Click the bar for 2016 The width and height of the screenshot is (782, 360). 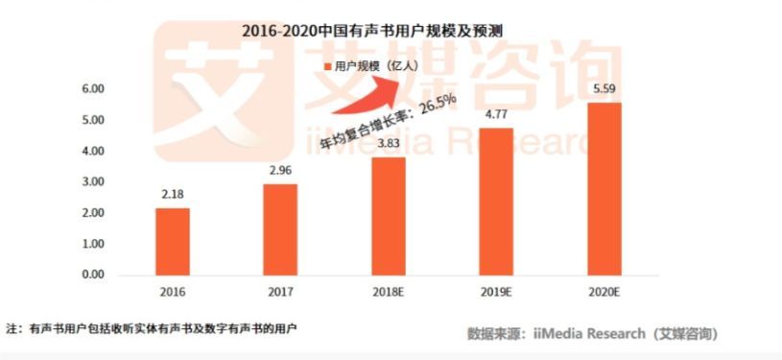point(173,242)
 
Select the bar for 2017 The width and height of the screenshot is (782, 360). point(280,229)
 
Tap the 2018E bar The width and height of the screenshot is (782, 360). point(389,216)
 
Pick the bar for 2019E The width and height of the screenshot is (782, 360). point(496,202)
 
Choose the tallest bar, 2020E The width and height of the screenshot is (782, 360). point(604,189)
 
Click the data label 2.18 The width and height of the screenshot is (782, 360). point(173,195)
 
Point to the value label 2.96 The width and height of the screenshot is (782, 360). point(281,171)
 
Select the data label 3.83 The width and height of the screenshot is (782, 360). point(389,144)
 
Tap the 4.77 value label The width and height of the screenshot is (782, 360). point(496,115)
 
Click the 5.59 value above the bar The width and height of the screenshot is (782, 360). point(604,90)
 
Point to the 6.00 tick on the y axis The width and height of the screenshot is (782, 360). point(93,89)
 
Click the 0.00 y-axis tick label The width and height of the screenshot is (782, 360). point(93,275)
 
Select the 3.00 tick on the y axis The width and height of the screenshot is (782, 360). point(93,181)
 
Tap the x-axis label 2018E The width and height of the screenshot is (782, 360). point(389,292)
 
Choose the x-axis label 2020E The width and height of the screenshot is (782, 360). point(604,292)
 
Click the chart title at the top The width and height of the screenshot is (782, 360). point(372,32)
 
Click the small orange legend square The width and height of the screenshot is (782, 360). point(327,67)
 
